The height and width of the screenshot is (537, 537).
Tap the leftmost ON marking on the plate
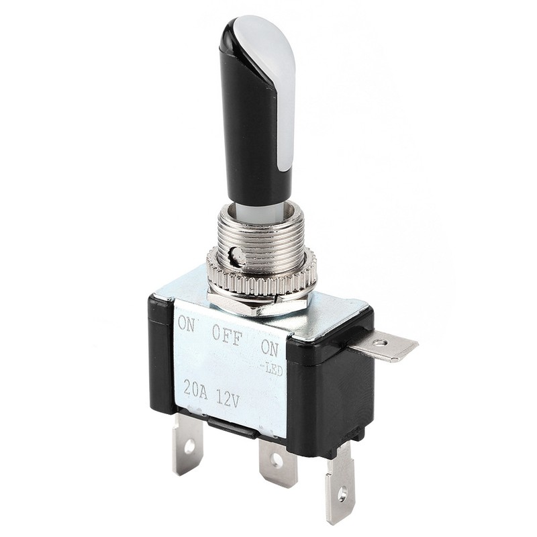(x=187, y=324)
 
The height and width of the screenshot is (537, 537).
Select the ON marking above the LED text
(x=271, y=347)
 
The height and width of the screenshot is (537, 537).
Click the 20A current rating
(x=195, y=390)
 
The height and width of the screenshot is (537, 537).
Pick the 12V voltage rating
(x=228, y=398)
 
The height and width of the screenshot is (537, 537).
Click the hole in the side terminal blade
(x=379, y=342)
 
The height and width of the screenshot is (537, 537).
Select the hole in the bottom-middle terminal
(x=277, y=461)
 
